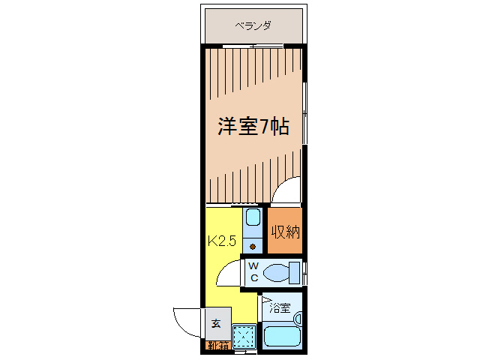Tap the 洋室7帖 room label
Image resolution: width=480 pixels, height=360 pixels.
[253, 126]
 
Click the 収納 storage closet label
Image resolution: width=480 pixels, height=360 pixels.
[285, 232]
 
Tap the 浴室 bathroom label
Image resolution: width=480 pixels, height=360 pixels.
[279, 307]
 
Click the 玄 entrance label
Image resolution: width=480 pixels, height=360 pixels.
[216, 323]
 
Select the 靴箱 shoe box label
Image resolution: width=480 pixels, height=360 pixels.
[218, 346]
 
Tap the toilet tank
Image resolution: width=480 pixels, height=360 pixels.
[295, 271]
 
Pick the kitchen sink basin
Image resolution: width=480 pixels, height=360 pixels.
[253, 219]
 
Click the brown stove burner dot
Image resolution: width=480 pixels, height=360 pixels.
[253, 246]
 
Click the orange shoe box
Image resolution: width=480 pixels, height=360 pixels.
[218, 346]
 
